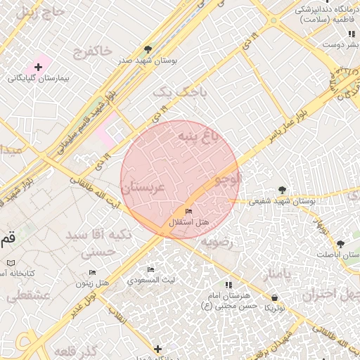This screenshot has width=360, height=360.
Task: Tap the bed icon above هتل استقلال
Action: point(188,212)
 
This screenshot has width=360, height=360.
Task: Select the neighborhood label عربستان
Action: point(143,188)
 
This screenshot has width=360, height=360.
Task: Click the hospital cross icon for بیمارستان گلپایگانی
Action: point(39,66)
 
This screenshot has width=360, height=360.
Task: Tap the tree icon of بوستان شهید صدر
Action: point(148,49)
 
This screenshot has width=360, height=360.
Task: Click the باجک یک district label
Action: point(172,91)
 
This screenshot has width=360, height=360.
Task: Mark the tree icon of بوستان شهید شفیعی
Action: point(282,190)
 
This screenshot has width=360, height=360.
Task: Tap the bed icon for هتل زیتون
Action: point(92,272)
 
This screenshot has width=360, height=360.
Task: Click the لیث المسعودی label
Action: point(150,279)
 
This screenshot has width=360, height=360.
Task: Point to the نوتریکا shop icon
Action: point(274,298)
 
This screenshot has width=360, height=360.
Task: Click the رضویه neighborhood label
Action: point(217,243)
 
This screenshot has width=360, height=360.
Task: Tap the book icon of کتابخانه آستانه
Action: point(11,262)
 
